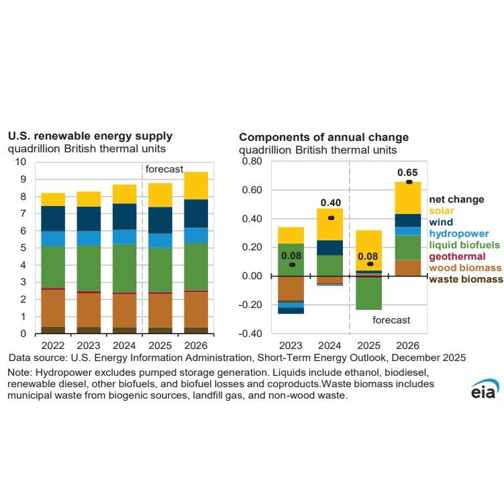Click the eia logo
484,389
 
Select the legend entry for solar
443,211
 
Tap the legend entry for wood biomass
464,268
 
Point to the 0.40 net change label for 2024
331,202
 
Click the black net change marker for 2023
292,264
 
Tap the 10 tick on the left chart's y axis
20,162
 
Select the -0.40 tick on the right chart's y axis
250,334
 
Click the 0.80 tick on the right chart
251,162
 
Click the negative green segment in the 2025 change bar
369,293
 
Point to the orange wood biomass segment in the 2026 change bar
407,268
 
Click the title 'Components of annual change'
323,138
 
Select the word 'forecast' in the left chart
164,169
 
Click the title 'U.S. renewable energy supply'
90,136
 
